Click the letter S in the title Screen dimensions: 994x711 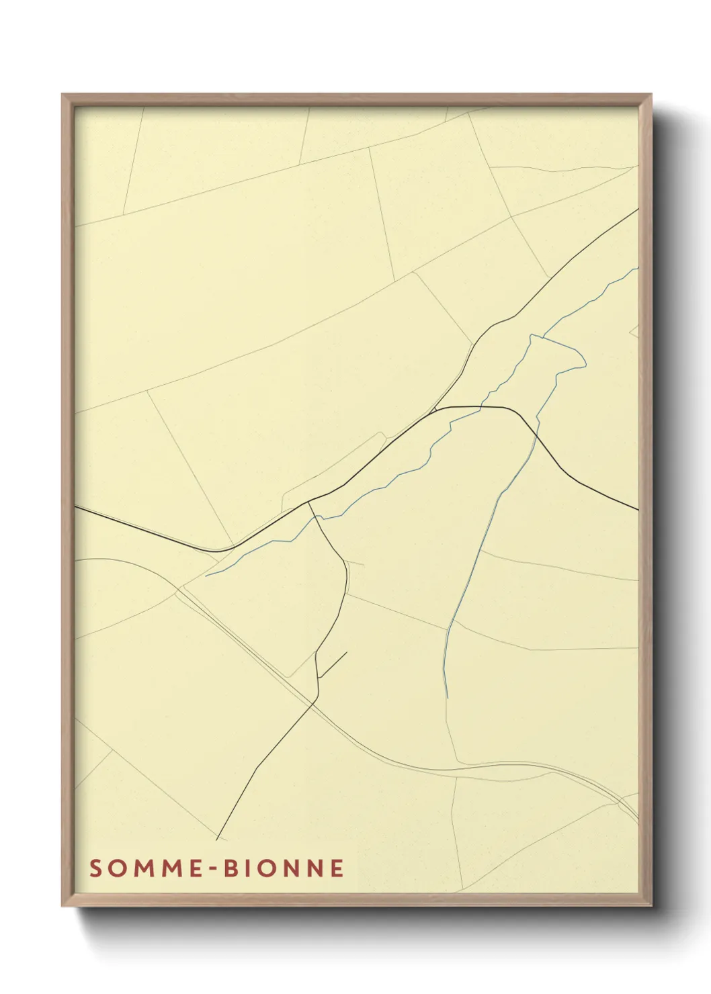pyautogui.click(x=95, y=868)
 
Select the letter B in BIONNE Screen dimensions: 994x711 pyautogui.click(x=231, y=868)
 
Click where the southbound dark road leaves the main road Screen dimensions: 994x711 pyautogui.click(x=308, y=502)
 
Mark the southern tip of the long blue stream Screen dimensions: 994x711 pyautogui.click(x=447, y=697)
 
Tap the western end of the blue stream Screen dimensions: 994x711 pyautogui.click(x=206, y=576)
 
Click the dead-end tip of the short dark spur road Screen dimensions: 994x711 pyautogui.click(x=347, y=652)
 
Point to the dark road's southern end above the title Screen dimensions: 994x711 pyautogui.click(x=216, y=840)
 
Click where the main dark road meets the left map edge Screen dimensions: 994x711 pyautogui.click(x=75, y=507)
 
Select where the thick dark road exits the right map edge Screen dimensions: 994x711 pyautogui.click(x=637, y=510)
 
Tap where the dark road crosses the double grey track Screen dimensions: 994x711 pyautogui.click(x=315, y=703)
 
